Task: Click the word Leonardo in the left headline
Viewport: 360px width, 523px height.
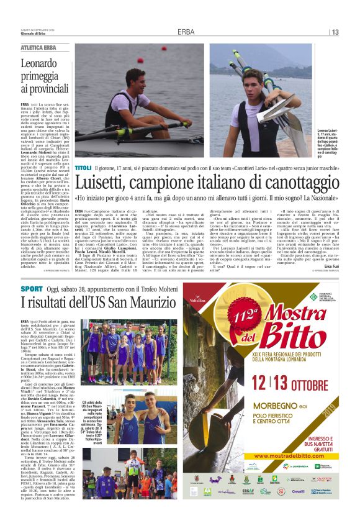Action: pos(43,63)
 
